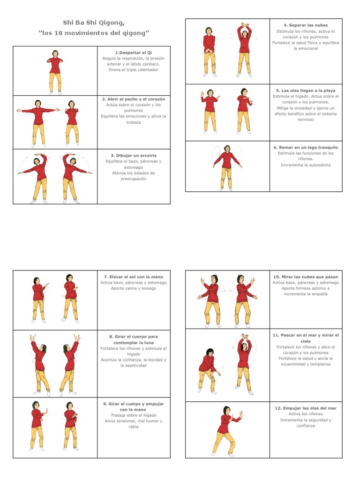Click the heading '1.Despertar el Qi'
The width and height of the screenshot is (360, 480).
click(x=134, y=52)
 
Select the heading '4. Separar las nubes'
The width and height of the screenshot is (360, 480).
click(x=306, y=25)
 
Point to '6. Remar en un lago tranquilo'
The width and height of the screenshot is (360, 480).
click(x=306, y=147)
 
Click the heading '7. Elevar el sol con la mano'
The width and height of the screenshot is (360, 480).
click(x=134, y=277)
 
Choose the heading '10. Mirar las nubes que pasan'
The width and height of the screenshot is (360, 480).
click(x=306, y=277)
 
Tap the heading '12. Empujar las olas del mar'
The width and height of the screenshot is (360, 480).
click(x=306, y=408)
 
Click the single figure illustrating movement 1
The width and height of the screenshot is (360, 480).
click(x=55, y=71)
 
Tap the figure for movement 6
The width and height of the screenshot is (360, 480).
click(x=227, y=167)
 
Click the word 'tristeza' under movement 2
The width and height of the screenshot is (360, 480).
click(x=134, y=122)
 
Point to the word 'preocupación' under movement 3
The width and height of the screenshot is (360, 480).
click(x=134, y=179)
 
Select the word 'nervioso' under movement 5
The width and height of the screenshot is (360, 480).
click(x=306, y=120)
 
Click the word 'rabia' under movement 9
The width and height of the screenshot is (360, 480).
click(x=134, y=427)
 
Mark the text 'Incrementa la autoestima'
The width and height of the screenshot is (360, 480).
click(x=306, y=165)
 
